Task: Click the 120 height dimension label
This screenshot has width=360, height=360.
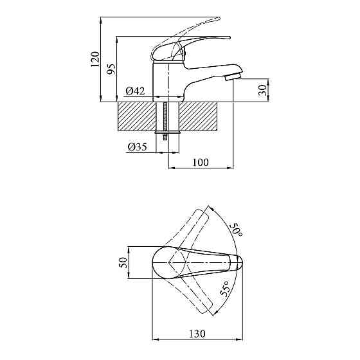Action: (x=95, y=59)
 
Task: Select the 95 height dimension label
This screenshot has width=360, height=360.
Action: (x=111, y=69)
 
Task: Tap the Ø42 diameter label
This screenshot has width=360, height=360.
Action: (x=135, y=91)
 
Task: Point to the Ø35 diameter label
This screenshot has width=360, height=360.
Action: (x=137, y=147)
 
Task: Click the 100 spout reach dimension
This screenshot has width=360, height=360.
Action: (x=201, y=162)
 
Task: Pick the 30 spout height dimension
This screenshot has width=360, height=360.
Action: (x=262, y=90)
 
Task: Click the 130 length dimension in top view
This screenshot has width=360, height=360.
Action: (x=197, y=334)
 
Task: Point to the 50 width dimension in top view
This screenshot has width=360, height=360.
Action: (x=123, y=263)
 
